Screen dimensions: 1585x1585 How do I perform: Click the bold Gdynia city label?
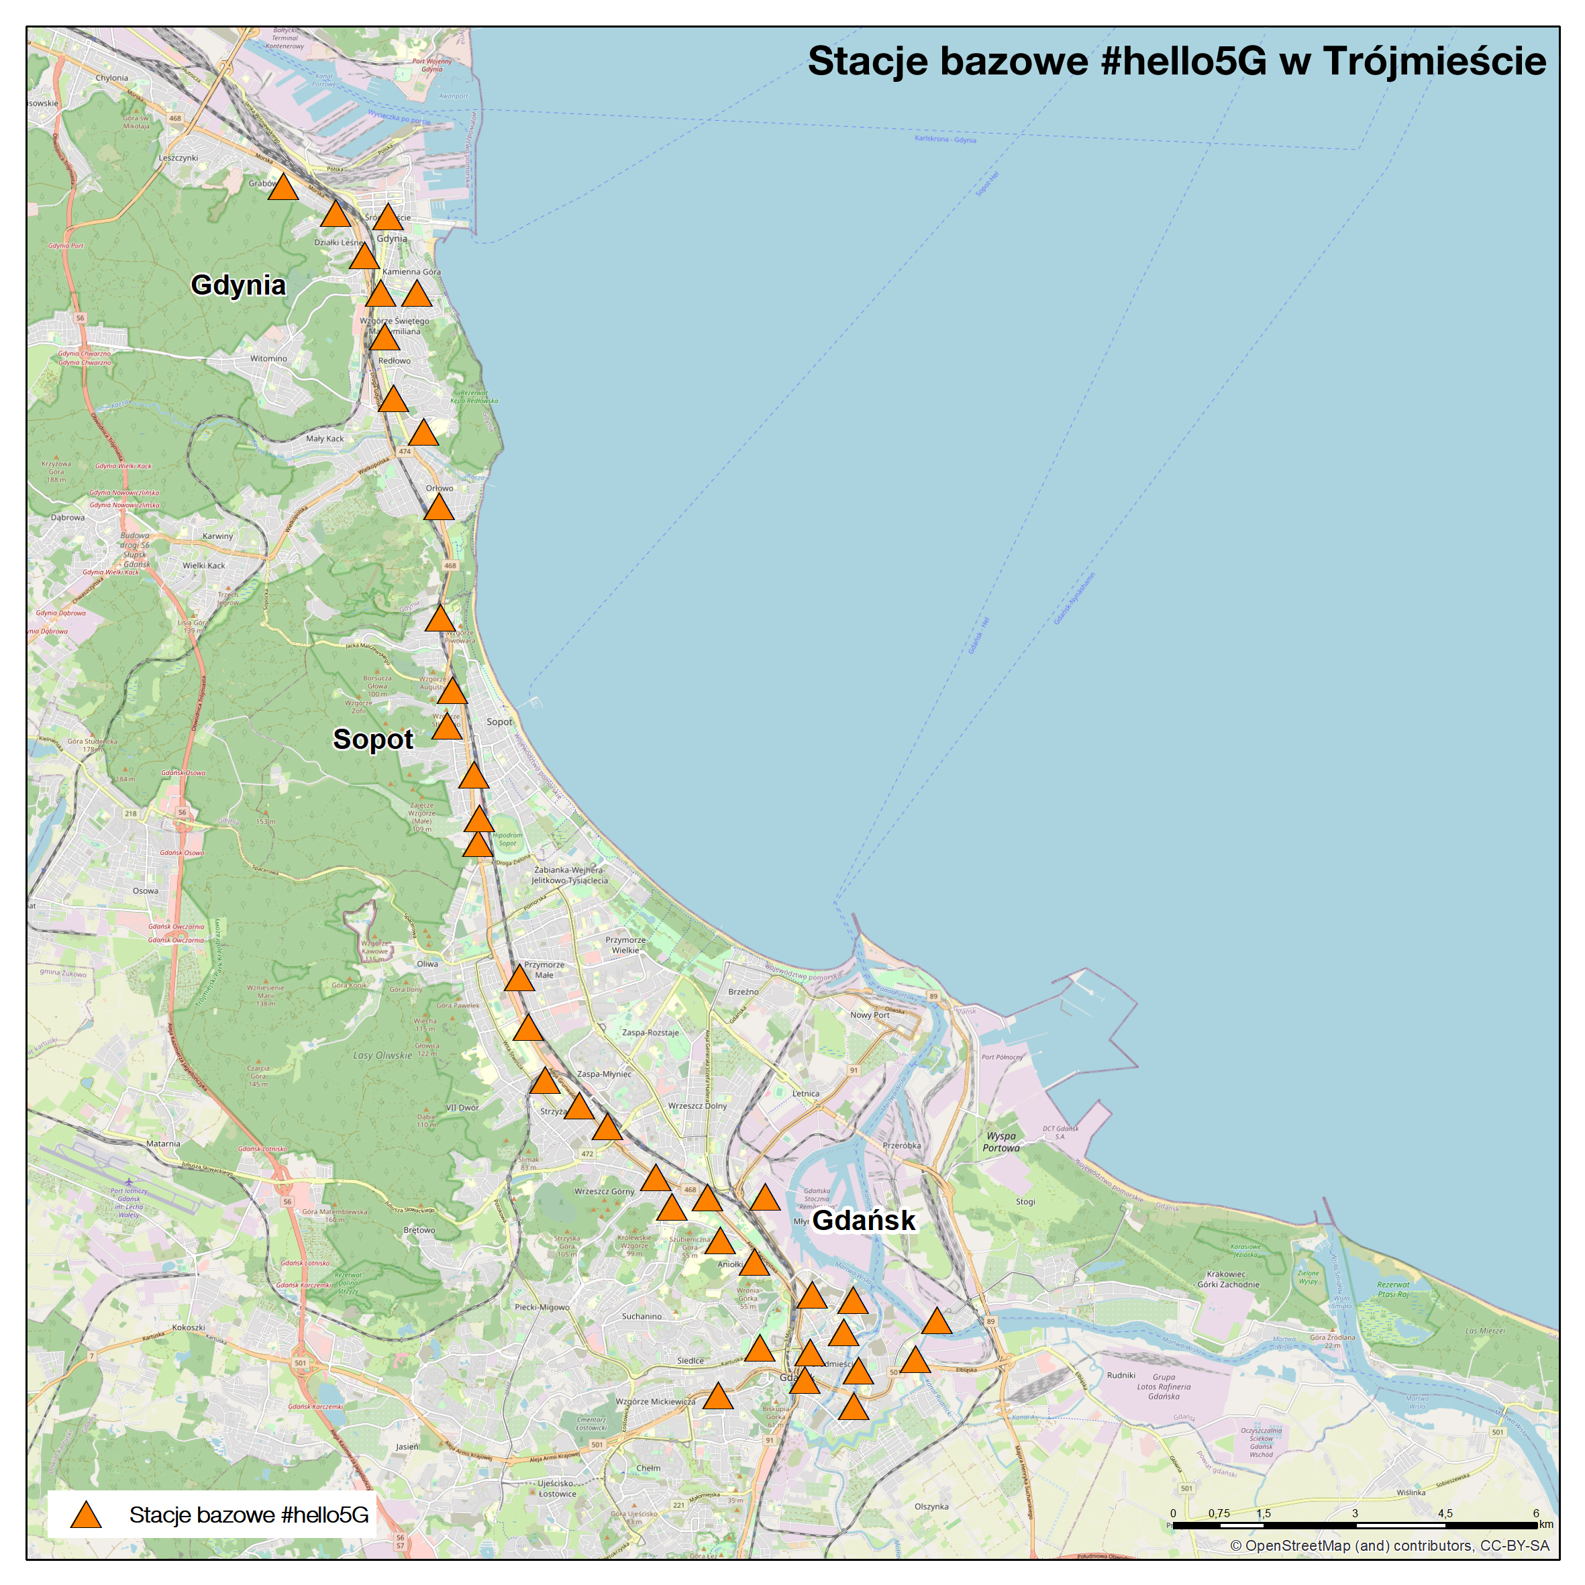[x=238, y=285]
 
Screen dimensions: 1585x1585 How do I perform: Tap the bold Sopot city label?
[x=372, y=739]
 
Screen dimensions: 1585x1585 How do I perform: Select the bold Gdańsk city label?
[x=863, y=1220]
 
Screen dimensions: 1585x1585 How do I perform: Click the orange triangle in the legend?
[x=85, y=1515]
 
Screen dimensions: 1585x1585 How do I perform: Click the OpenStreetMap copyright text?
[x=1389, y=1545]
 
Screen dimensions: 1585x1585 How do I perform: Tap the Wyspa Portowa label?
[x=1001, y=1142]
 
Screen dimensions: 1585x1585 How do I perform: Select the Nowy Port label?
[x=870, y=1015]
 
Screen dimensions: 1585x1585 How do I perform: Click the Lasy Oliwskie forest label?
[x=382, y=1055]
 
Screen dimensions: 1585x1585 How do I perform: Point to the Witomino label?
[x=268, y=358]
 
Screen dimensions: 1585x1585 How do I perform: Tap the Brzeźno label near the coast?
[x=744, y=991]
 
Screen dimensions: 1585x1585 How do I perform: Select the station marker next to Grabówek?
[x=283, y=189]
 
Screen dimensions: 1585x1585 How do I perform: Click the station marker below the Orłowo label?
[x=439, y=509]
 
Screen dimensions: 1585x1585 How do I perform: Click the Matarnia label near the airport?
[x=162, y=1143]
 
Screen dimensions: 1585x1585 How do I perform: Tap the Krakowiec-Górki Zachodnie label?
[x=1227, y=1279]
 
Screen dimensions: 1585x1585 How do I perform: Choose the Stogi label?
[x=1025, y=1201]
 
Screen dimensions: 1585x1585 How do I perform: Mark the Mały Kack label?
[x=325, y=438]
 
